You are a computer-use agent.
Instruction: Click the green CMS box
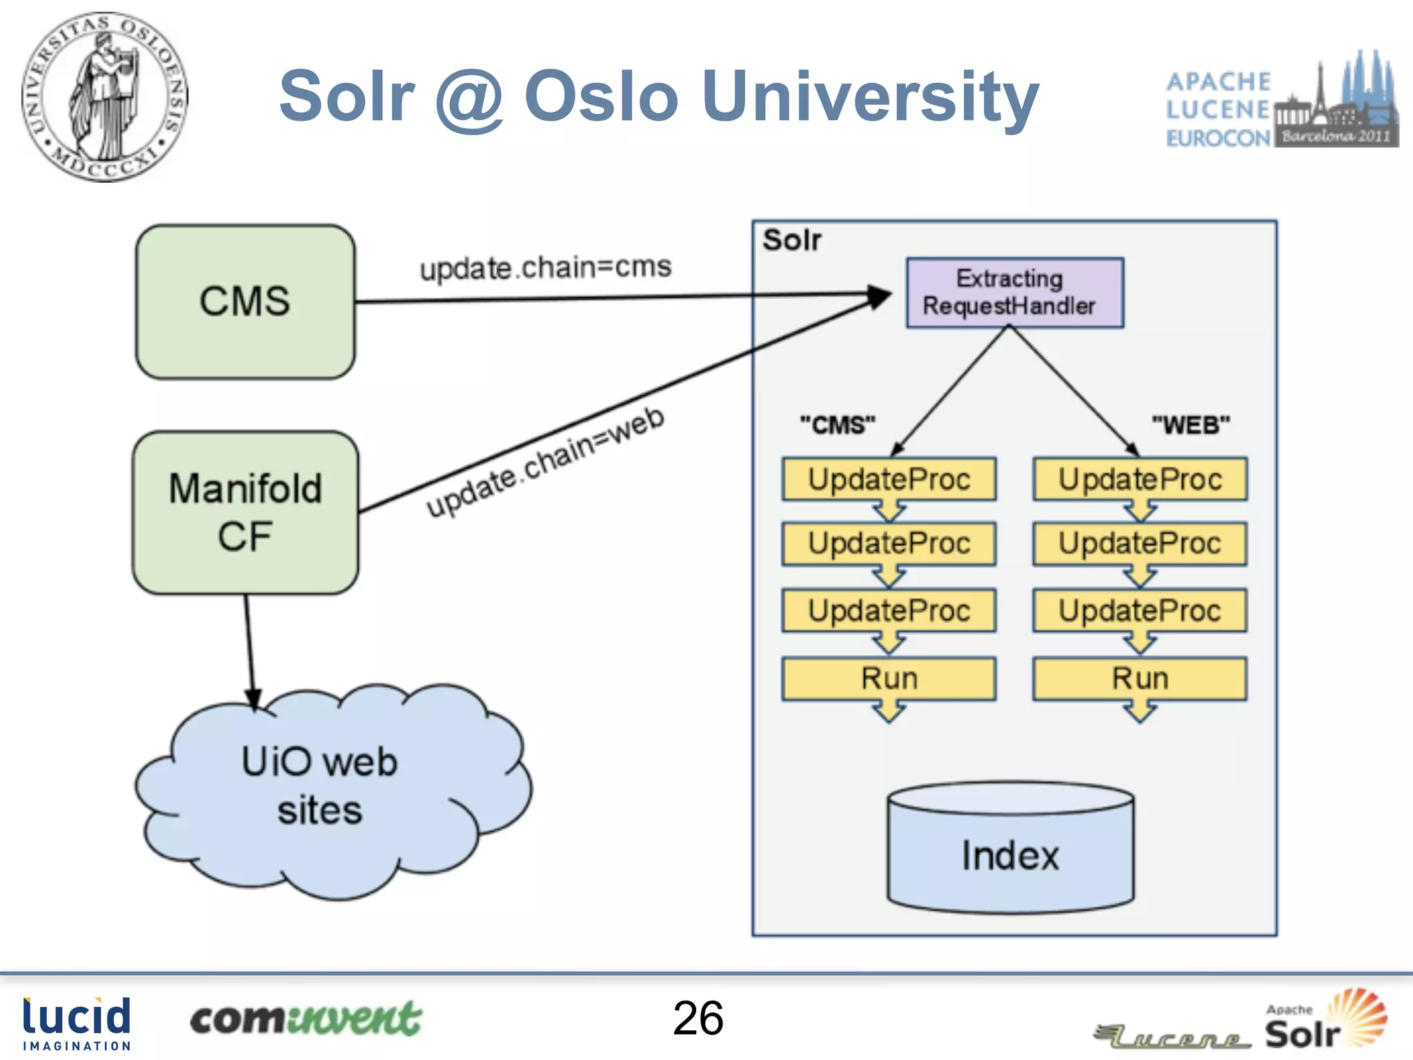245,302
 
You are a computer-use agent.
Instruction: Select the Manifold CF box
245,512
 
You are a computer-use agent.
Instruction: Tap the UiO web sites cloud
319,787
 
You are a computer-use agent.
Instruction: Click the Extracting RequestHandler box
1014,293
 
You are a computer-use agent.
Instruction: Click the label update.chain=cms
545,267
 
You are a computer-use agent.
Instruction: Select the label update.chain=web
545,461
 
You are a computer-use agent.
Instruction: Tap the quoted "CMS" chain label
837,424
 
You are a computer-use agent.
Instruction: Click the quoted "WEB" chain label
1190,424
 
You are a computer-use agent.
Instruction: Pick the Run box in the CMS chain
889,678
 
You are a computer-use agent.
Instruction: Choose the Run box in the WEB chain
1140,678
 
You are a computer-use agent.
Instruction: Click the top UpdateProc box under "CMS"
889,479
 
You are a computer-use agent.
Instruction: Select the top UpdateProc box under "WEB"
1140,479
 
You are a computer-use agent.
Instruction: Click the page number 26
698,1018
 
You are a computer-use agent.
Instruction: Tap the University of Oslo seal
104,97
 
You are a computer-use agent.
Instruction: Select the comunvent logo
305,1019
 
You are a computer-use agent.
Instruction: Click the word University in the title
870,97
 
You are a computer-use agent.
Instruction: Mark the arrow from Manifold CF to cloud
250,649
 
